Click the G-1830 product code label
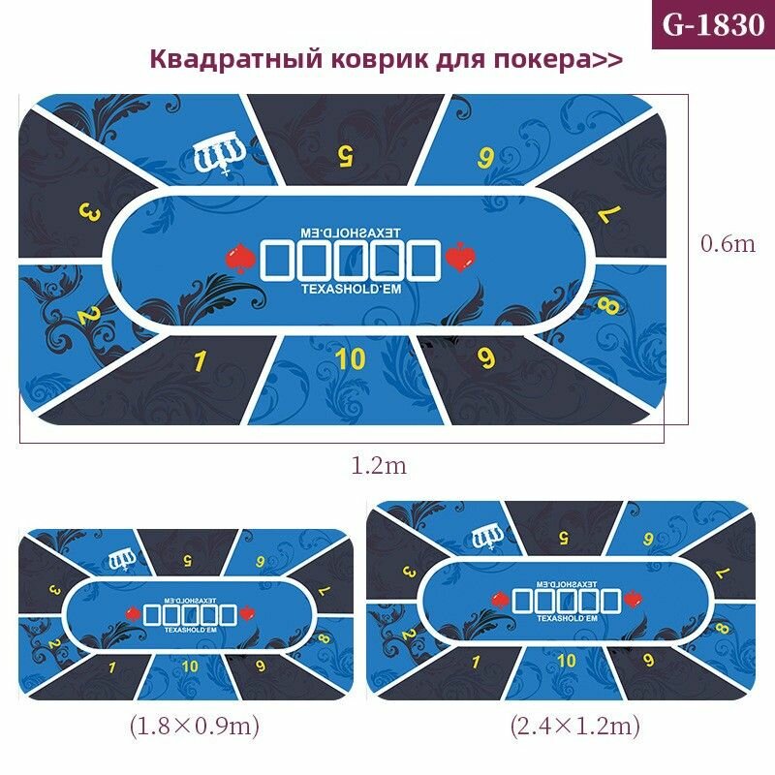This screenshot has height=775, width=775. tap(713, 24)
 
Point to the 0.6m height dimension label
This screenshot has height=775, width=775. tap(728, 244)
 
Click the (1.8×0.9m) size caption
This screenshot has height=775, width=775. tap(194, 725)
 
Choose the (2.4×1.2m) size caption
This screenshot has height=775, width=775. tap(574, 725)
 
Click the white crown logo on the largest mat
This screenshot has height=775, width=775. tap(219, 154)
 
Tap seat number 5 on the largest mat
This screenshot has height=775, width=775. tap(343, 152)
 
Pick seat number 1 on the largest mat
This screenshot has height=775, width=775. tap(201, 361)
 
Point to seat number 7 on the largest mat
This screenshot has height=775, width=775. tap(604, 215)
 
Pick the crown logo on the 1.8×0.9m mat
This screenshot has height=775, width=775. tap(124, 558)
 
